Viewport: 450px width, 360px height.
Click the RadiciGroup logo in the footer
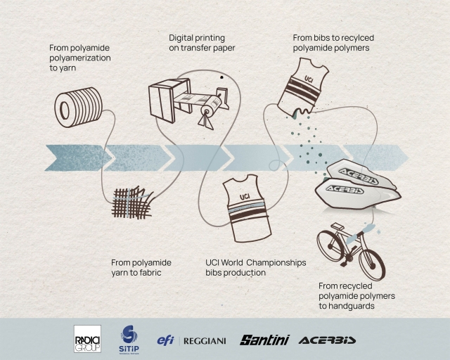[87, 339]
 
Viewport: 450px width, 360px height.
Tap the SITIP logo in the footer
[129, 340]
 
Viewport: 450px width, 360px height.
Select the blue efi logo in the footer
[166, 340]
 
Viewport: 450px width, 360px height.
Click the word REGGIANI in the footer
[205, 341]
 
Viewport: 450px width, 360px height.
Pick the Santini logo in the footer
[264, 340]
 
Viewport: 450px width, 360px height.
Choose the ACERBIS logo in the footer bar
[327, 340]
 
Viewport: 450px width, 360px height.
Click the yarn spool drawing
[78, 108]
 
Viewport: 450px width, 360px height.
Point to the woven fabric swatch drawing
[132, 202]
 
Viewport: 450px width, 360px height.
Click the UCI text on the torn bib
[309, 78]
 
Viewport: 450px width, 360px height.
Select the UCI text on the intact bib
[245, 197]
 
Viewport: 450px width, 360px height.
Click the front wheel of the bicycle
[372, 264]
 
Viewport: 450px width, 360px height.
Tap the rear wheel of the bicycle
[330, 245]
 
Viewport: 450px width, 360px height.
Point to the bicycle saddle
[337, 226]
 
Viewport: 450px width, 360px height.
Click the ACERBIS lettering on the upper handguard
[358, 176]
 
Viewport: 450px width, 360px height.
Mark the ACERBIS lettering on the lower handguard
[345, 189]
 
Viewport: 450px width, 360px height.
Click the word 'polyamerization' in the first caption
[80, 58]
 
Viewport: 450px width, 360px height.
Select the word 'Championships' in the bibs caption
[276, 263]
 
